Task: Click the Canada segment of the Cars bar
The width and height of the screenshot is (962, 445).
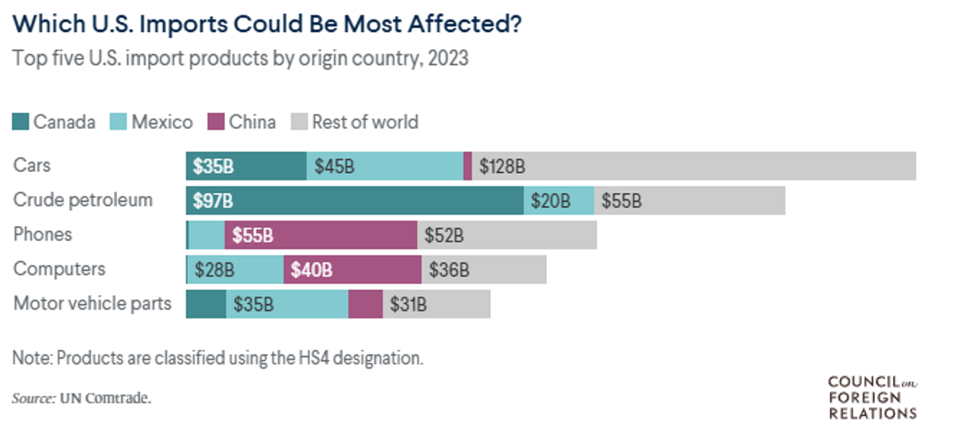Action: click(x=246, y=166)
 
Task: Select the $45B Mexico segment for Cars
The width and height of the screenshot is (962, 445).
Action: click(x=384, y=166)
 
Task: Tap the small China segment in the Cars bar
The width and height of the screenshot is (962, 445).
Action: click(x=467, y=166)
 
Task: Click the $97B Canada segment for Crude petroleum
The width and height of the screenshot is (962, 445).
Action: click(x=354, y=201)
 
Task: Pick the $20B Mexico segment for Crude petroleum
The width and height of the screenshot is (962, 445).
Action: click(x=558, y=201)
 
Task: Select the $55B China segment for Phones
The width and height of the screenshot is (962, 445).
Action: click(x=321, y=235)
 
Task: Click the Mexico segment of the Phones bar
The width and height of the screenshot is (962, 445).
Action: click(x=206, y=235)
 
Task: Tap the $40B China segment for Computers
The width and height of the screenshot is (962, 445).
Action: click(x=352, y=270)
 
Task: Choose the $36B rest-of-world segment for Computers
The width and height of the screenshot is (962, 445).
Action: click(x=484, y=270)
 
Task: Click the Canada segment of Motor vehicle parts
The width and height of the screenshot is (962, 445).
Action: click(x=205, y=303)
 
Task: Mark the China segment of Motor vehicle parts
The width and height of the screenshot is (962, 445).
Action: click(x=365, y=303)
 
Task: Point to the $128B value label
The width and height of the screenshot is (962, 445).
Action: click(x=502, y=166)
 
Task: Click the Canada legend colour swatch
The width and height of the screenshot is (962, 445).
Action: click(x=20, y=122)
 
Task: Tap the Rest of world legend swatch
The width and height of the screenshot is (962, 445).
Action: click(x=299, y=122)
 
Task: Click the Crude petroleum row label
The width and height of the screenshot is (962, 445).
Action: click(x=83, y=200)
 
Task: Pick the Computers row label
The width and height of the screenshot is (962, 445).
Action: click(x=59, y=269)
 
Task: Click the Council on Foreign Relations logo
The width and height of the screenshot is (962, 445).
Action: click(x=872, y=398)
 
